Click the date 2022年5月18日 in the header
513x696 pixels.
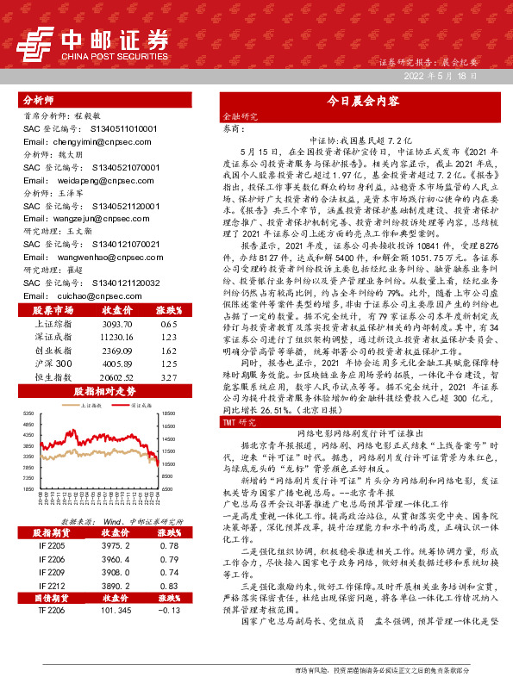click(441, 77)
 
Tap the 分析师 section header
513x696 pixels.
click(38, 100)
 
